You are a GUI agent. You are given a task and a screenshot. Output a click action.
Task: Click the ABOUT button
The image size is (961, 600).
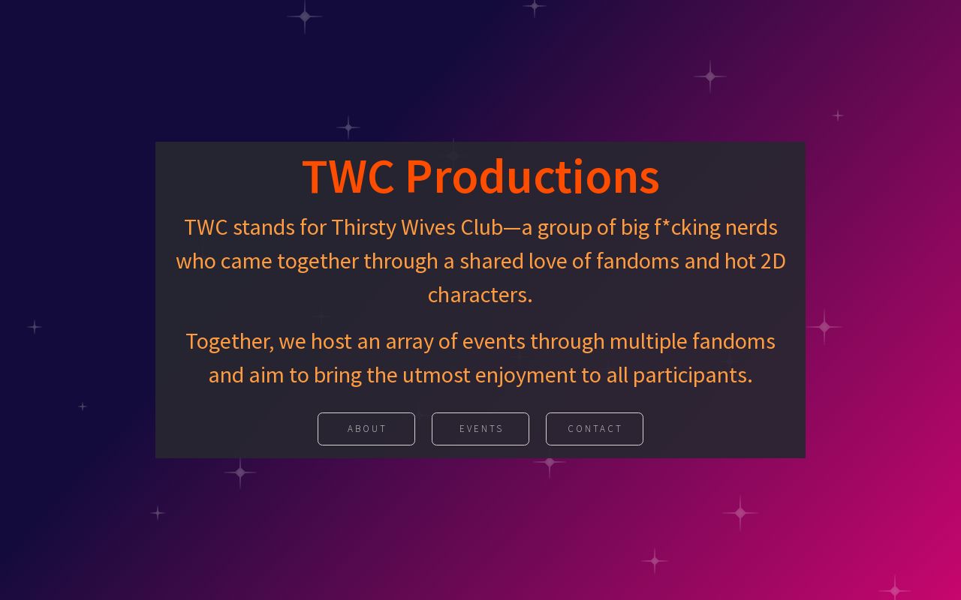[x=366, y=429]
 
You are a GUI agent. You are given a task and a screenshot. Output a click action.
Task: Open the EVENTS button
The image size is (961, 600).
[x=480, y=429]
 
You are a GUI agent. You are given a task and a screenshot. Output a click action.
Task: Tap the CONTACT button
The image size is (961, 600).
[x=595, y=429]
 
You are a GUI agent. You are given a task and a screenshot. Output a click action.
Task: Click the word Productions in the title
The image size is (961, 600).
[x=532, y=177]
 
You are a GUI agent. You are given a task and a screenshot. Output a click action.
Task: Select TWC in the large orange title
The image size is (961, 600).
[x=348, y=177]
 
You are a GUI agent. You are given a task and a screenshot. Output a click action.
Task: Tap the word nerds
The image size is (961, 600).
[x=751, y=227]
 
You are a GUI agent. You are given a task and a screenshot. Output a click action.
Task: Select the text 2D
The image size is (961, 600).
[x=773, y=261]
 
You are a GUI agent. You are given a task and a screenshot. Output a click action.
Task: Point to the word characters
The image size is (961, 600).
[x=479, y=295]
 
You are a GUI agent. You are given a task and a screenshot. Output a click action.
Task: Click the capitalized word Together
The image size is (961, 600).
[x=229, y=341]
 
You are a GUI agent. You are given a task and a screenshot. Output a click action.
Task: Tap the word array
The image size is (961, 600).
[x=409, y=341]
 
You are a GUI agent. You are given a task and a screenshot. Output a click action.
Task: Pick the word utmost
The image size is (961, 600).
[x=436, y=375]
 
